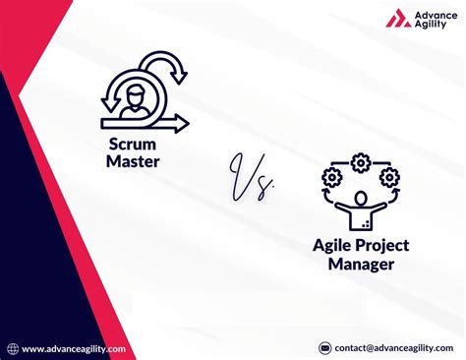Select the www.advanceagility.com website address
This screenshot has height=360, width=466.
coord(74,348)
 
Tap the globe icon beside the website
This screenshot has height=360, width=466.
coord(12,348)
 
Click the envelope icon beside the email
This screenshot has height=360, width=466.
coord(325,348)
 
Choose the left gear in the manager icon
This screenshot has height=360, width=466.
coord(330,178)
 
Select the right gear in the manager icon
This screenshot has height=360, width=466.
coord(389,178)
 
